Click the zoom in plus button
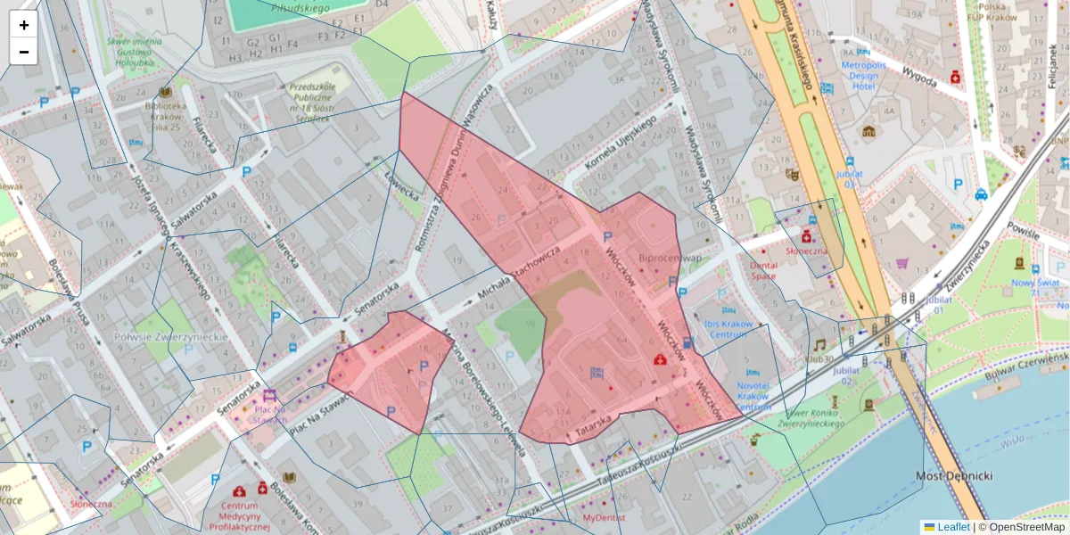(x=23, y=25)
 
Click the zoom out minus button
(x=23, y=52)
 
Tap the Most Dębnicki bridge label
(x=954, y=476)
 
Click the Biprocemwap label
(x=664, y=258)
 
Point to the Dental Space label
(x=763, y=270)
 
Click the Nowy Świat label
(x=1034, y=288)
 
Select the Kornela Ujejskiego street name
(x=620, y=144)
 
